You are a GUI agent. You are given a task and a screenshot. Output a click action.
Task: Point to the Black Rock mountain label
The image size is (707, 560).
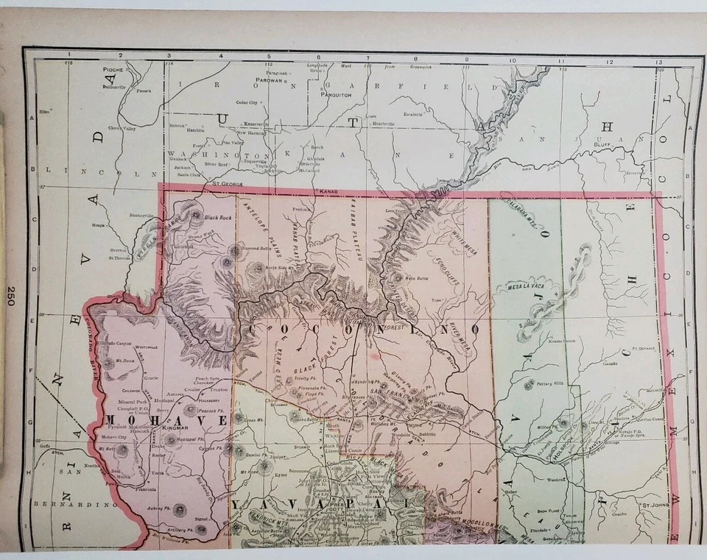tap(218, 217)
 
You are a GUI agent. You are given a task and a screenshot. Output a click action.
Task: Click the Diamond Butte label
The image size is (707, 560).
tap(252, 248)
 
